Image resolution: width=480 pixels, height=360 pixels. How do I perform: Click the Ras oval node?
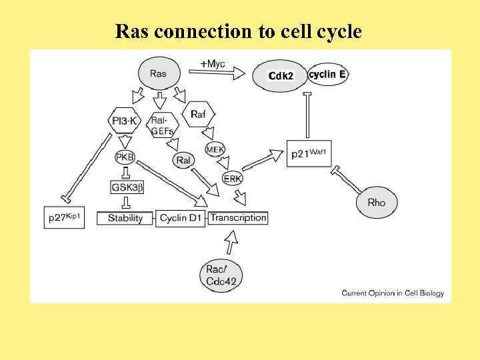[159, 73]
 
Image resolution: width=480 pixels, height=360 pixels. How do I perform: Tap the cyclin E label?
[327, 75]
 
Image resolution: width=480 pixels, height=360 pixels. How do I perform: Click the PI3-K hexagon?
[124, 120]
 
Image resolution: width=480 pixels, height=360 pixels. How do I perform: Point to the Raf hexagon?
[198, 114]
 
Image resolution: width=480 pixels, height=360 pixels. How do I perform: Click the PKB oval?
[125, 157]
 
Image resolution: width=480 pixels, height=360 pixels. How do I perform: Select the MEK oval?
[215, 149]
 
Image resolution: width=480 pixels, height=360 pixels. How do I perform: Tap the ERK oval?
[233, 179]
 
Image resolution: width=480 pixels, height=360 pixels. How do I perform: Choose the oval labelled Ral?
[183, 160]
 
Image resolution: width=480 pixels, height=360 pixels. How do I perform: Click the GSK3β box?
[127, 187]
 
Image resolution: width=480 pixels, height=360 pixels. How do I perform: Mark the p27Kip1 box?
[65, 217]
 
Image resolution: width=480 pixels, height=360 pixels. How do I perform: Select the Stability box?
[125, 218]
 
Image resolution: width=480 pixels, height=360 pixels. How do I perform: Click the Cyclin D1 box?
[181, 218]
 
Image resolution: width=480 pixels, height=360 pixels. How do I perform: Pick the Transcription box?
[238, 217]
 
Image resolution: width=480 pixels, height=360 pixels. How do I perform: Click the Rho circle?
[376, 202]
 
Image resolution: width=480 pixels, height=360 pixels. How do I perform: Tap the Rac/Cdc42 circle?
[221, 275]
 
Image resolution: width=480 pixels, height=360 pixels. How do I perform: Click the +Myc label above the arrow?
[213, 64]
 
